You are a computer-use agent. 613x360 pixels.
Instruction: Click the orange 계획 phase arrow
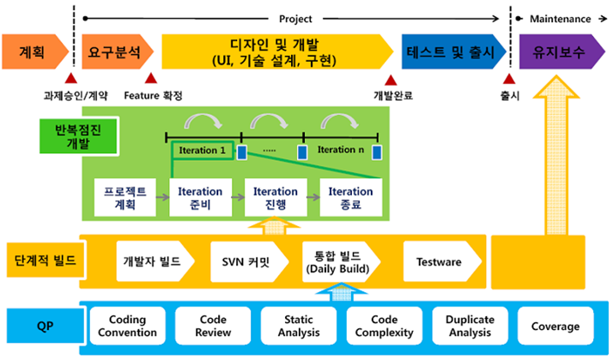click(34, 52)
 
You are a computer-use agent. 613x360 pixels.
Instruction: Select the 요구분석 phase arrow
click(117, 52)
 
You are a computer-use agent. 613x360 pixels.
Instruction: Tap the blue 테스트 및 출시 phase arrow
click(453, 52)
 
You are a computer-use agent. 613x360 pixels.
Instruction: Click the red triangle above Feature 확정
click(151, 78)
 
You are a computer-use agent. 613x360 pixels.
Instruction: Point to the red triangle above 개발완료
click(391, 80)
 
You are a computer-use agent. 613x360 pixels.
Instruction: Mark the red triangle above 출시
click(508, 79)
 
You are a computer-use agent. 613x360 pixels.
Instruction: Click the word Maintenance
click(561, 19)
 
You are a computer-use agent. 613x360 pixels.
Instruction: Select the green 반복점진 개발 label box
click(79, 136)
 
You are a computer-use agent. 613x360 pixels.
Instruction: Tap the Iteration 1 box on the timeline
click(203, 150)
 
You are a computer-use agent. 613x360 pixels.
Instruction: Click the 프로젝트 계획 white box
click(125, 198)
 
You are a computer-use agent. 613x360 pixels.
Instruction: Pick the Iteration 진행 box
click(276, 198)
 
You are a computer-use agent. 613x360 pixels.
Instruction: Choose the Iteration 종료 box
click(350, 198)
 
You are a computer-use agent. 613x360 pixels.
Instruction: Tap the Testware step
click(442, 261)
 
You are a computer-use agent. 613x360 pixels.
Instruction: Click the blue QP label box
click(46, 326)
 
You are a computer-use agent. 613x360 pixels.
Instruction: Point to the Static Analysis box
click(299, 326)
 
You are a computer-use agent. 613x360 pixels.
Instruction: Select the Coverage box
click(555, 326)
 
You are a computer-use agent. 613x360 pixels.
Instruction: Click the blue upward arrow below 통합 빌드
click(342, 292)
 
